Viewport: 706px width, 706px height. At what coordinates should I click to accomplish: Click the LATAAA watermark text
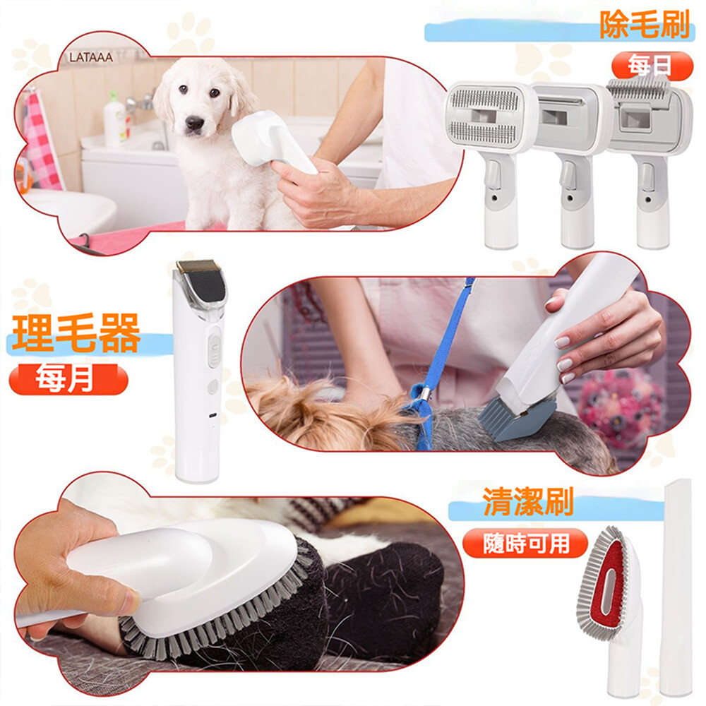click(x=91, y=57)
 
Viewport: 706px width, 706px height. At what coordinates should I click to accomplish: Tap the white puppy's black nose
click(x=195, y=122)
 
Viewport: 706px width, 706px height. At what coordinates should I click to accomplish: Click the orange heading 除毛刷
click(x=645, y=25)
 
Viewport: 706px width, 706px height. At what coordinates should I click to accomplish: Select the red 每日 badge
click(x=652, y=66)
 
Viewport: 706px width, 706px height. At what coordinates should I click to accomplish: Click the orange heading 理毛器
click(x=76, y=333)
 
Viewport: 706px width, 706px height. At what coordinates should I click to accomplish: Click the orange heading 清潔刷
click(x=527, y=501)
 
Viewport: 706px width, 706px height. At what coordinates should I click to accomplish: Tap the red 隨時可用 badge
click(x=525, y=543)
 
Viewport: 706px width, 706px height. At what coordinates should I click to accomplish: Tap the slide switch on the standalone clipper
click(x=215, y=349)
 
